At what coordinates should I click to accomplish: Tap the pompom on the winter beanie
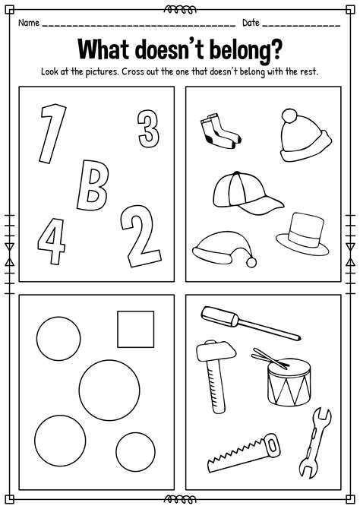(292, 116)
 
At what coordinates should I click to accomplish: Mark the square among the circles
(135, 329)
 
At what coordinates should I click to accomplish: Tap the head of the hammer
(210, 352)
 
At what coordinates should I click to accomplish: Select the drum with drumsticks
(288, 380)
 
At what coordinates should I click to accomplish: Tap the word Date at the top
(251, 22)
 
